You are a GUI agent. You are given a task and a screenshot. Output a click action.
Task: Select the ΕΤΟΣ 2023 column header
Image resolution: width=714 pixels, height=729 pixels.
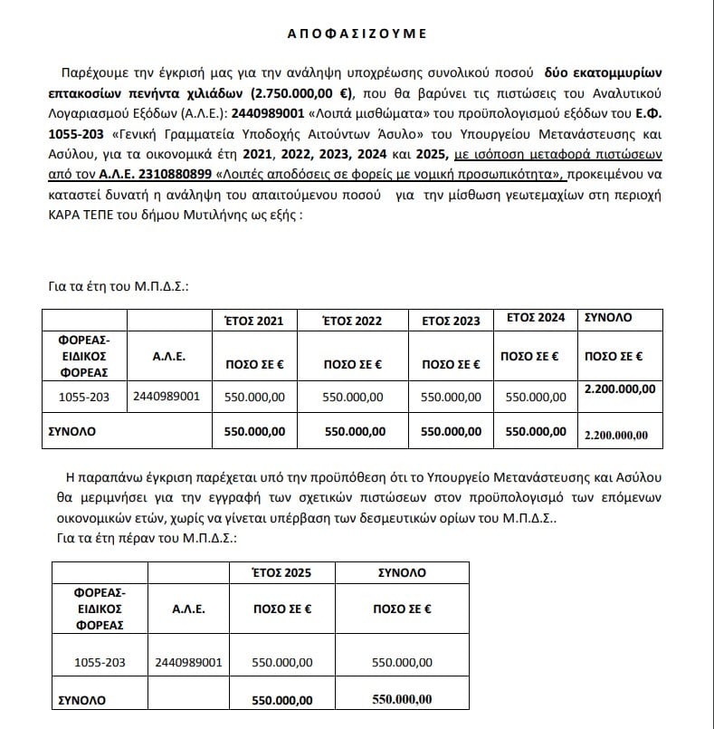(451, 321)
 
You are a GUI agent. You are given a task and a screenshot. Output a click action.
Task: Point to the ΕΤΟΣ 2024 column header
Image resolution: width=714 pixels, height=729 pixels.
(536, 318)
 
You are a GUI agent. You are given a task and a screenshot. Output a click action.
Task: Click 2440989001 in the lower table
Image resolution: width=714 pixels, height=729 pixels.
(189, 662)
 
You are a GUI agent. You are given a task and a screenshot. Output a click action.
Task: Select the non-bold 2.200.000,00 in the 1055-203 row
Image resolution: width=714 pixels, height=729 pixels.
(620, 388)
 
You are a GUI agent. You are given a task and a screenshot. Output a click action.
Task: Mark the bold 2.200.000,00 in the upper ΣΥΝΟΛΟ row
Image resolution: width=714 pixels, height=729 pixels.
(617, 434)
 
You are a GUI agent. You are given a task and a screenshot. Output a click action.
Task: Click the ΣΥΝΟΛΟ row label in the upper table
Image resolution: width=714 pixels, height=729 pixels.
(71, 432)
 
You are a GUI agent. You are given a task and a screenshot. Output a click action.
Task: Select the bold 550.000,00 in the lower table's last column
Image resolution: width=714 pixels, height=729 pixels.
(402, 699)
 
